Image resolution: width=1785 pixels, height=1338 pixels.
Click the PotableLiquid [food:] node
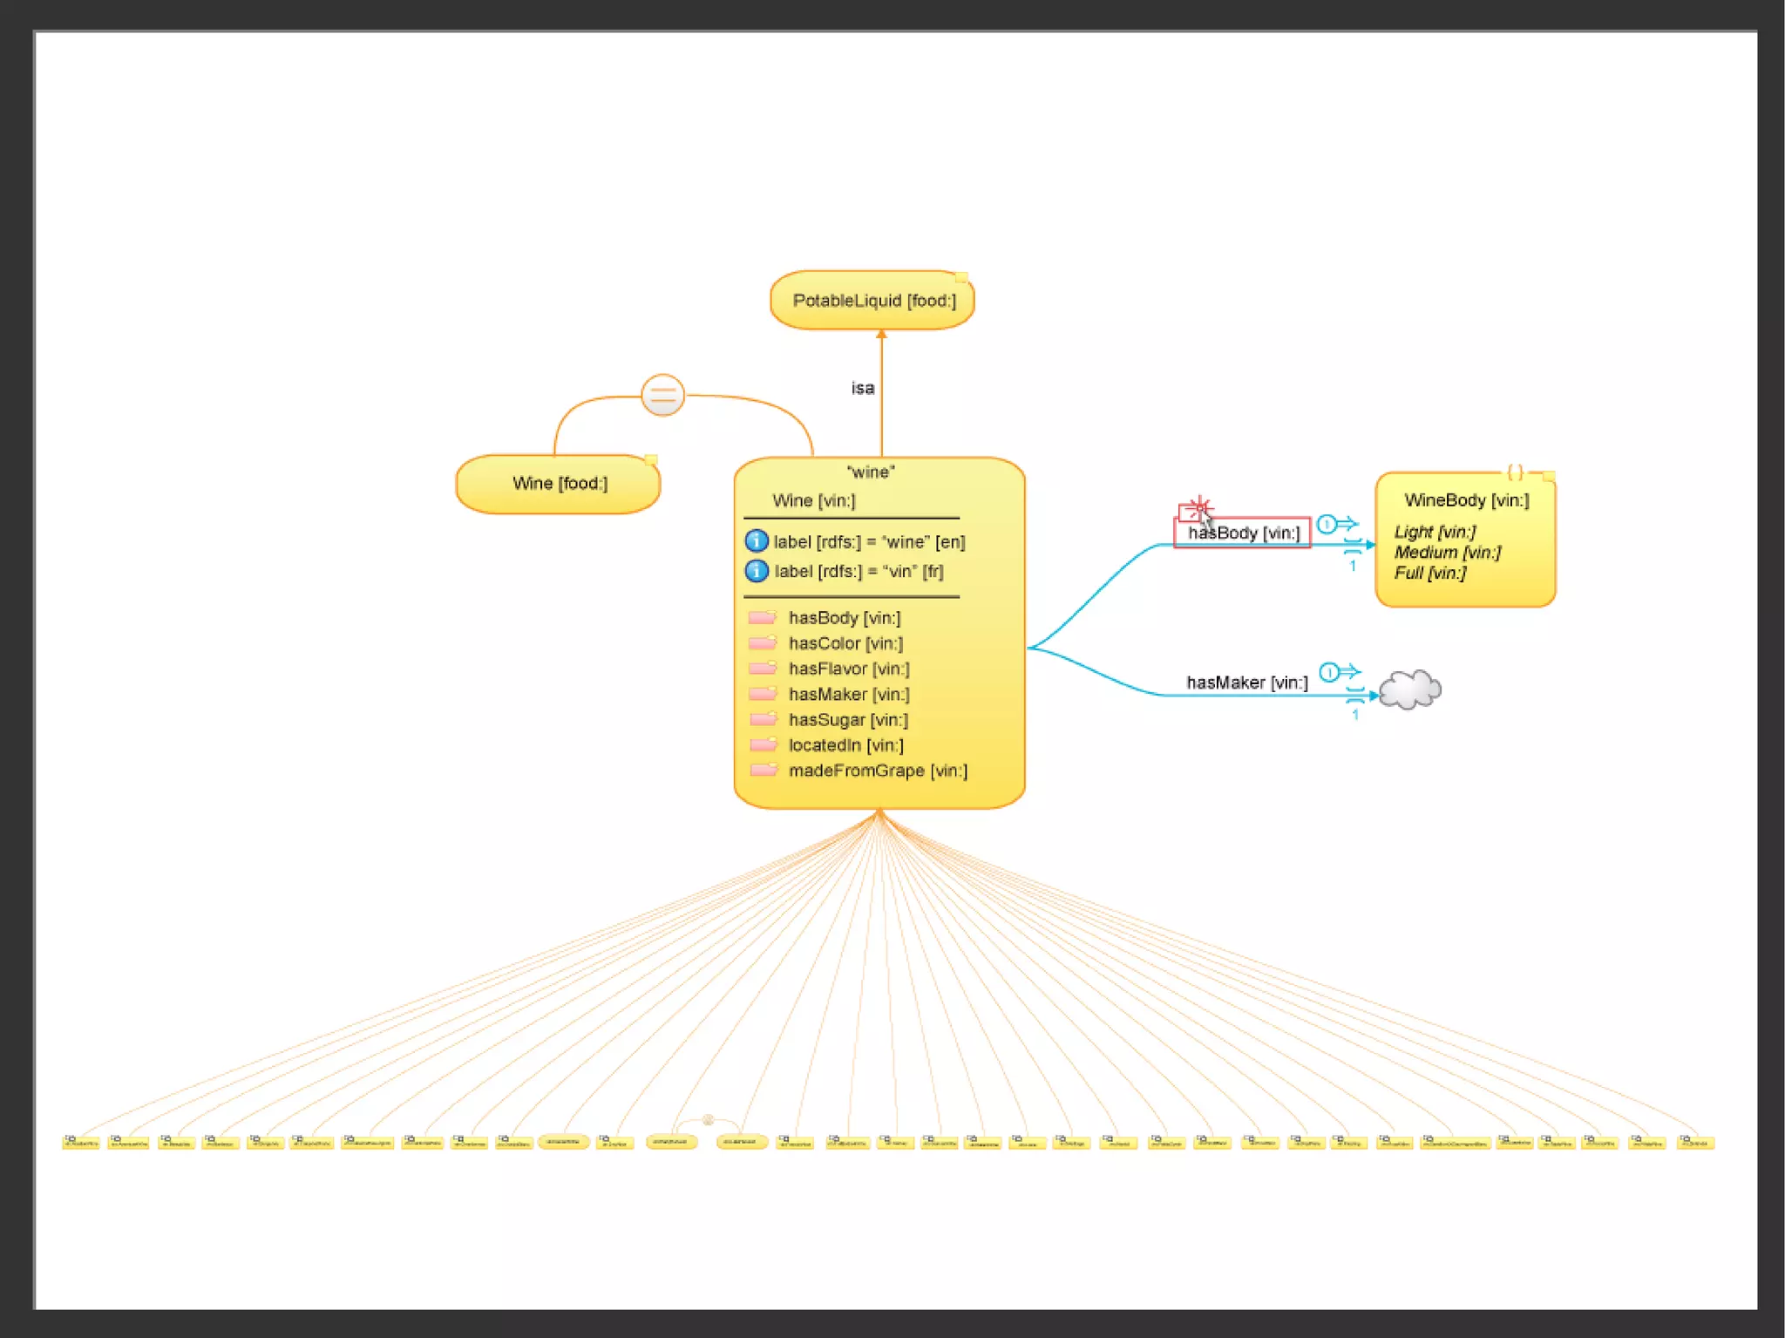[872, 301]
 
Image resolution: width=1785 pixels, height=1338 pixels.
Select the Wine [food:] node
[559, 484]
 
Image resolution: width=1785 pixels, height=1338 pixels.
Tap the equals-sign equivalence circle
[662, 395]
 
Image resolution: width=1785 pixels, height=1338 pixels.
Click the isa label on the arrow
[862, 388]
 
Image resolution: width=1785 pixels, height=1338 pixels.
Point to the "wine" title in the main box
[871, 472]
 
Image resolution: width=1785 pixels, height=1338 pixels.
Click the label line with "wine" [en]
[869, 542]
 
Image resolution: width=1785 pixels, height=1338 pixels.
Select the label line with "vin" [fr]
[859, 572]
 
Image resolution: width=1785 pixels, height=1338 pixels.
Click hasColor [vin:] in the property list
[845, 643]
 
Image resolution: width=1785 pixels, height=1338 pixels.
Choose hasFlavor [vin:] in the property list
[849, 669]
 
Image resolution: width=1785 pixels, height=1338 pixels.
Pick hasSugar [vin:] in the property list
[848, 720]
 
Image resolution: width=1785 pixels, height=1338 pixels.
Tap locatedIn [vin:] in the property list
[845, 745]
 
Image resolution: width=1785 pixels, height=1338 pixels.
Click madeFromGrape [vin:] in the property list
[878, 771]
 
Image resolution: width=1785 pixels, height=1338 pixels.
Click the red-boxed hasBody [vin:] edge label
[1243, 533]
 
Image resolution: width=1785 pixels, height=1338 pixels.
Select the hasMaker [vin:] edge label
[1246, 683]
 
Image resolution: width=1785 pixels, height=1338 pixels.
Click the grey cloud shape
[1410, 689]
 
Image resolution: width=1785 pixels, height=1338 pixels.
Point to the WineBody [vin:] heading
[1466, 500]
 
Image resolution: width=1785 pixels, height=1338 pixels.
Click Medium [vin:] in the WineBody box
[1447, 553]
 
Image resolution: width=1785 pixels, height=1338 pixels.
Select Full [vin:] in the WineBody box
[1429, 574]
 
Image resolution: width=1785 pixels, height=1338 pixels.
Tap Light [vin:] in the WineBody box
[1435, 532]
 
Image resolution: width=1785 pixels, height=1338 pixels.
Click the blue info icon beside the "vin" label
[757, 571]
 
